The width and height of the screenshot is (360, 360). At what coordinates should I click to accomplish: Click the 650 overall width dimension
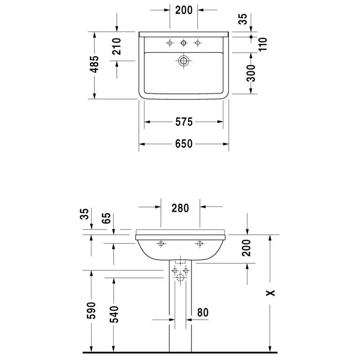pos(184,144)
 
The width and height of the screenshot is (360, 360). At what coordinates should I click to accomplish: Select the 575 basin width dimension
pos(184,122)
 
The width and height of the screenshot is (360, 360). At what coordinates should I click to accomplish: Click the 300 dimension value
pos(252,73)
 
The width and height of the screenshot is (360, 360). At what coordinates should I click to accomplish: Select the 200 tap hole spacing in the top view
pos(184,9)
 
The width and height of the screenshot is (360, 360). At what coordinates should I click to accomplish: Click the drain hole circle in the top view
pos(184,60)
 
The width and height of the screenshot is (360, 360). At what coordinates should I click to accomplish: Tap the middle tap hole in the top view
pos(184,43)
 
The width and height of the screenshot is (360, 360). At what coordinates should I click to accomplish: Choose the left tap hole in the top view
pos(170,43)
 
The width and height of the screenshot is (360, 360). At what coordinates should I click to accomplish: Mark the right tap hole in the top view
pos(197,43)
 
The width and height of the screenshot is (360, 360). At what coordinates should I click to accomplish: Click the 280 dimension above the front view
pos(180,208)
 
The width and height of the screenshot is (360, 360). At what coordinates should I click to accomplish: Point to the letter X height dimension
pos(270,293)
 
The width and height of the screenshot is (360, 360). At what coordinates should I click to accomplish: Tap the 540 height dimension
pos(114,314)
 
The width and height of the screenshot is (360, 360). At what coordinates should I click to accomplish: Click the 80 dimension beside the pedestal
pos(203,312)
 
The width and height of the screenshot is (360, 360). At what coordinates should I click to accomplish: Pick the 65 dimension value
pos(107,219)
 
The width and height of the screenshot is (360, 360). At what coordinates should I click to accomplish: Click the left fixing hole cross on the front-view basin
pos(161,243)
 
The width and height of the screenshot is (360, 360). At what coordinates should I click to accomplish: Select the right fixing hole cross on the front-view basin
pos(200,243)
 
